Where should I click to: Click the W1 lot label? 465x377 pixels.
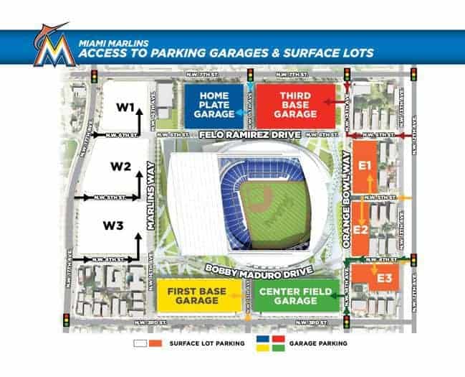[x=126, y=108]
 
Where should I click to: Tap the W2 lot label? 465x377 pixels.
[x=121, y=167]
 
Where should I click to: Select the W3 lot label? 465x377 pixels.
[x=113, y=225]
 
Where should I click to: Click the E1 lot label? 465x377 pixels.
[x=365, y=166]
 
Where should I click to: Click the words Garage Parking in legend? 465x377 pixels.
[x=317, y=344]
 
